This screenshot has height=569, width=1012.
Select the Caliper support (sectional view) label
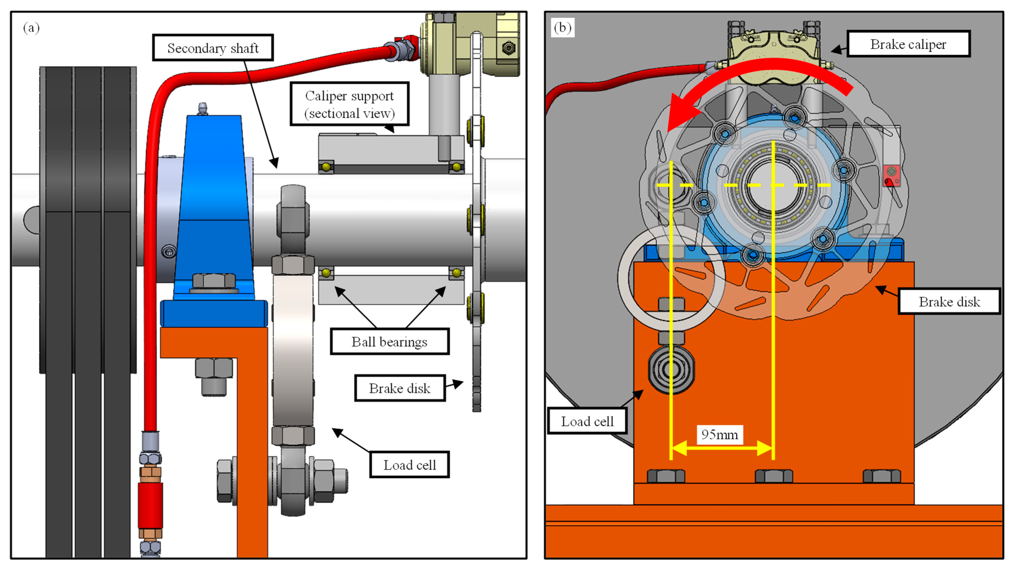pos(349,104)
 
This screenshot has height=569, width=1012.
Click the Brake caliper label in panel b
pos(908,44)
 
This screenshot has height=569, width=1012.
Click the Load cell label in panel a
pos(409,465)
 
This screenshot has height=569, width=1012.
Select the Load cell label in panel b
pos(587,421)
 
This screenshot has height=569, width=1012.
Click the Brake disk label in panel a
pos(399,388)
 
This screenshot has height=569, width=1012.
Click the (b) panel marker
pos(562,28)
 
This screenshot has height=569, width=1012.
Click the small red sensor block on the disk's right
pos(891,176)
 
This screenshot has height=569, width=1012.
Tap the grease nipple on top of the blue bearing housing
pos(203,108)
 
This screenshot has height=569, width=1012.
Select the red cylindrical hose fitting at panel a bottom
pos(150,505)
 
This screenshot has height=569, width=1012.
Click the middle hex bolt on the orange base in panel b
pos(774,476)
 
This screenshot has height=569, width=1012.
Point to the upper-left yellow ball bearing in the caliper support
pos(326,167)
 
